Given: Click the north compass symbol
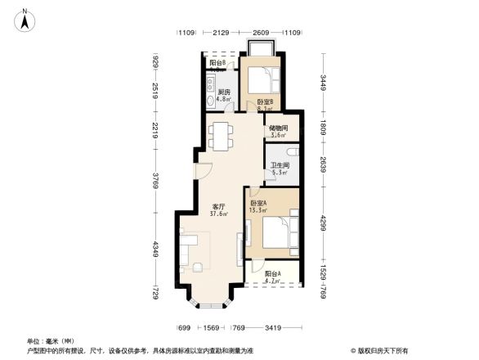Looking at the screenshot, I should tap(26, 19).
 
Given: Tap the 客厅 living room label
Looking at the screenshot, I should tap(218, 206).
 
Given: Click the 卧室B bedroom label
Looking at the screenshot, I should tap(264, 101).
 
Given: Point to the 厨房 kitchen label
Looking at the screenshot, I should tap(223, 92).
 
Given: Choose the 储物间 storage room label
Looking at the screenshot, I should tap(278, 127).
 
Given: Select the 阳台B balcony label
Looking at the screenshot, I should tap(217, 63).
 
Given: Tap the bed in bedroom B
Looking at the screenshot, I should tap(264, 80).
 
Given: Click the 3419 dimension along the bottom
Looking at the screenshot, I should tap(274, 328).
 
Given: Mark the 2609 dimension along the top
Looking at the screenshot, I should tap(261, 33).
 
